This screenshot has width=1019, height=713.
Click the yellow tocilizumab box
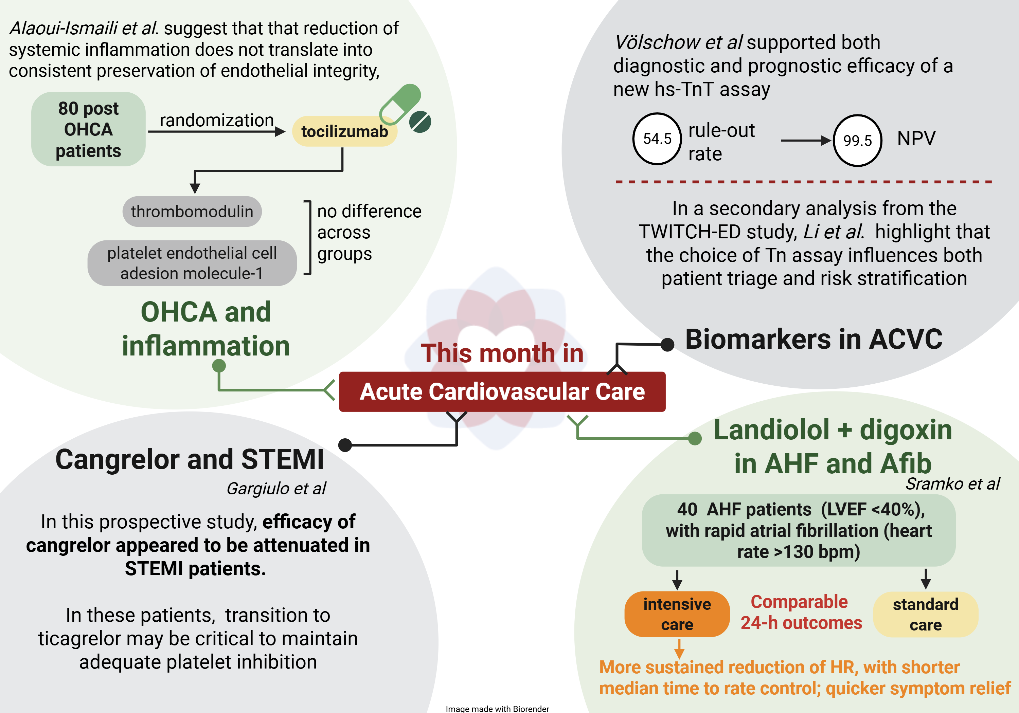click(344, 131)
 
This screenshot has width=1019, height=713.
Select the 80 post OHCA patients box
click(88, 129)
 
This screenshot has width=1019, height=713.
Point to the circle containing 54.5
click(657, 139)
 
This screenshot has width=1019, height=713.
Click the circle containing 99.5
click(857, 141)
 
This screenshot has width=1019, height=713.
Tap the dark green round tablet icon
click(420, 122)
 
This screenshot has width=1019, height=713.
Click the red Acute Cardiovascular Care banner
click(502, 392)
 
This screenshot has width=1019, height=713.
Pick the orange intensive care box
click(677, 614)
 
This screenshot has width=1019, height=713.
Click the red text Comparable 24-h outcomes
click(801, 612)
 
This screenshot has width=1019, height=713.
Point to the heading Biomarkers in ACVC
click(814, 340)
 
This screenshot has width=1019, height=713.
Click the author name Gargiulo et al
click(276, 489)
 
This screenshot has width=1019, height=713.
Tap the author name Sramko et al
click(952, 484)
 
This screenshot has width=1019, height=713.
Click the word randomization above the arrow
click(217, 120)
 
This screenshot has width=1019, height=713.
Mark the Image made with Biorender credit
click(497, 709)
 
